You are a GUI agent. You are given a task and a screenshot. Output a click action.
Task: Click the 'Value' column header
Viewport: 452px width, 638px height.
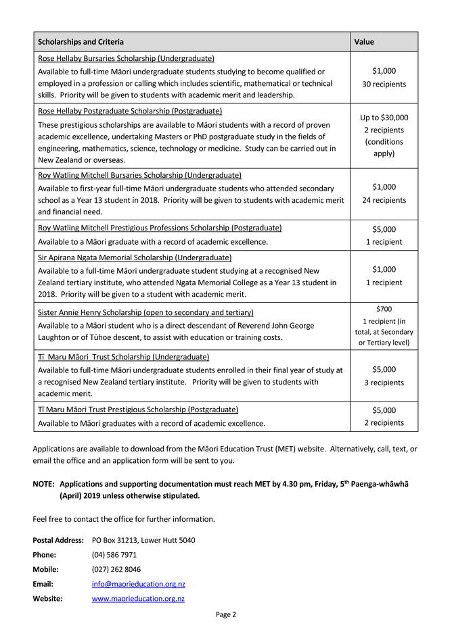[364, 42]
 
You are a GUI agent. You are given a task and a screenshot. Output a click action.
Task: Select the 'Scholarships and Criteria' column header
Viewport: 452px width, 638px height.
[81, 42]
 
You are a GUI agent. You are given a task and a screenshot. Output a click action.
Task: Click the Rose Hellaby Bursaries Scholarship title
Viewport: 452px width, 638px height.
[126, 58]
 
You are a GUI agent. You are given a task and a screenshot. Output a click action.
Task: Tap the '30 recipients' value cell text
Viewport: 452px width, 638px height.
[384, 84]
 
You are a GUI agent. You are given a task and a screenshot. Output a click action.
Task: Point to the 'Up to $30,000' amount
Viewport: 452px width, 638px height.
[384, 118]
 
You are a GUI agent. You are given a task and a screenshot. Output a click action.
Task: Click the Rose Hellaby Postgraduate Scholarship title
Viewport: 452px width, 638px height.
[130, 111]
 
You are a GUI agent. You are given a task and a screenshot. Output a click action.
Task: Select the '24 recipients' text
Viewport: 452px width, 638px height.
[384, 200]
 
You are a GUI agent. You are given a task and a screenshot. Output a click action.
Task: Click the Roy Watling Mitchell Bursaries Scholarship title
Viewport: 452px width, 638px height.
[139, 175]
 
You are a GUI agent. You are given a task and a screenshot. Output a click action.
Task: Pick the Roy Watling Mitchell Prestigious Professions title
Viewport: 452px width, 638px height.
[160, 228]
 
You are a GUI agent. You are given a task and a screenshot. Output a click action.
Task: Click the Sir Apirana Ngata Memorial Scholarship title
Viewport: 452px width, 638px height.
[135, 257]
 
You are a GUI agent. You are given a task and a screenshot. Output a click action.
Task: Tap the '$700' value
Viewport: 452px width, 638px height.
[384, 310]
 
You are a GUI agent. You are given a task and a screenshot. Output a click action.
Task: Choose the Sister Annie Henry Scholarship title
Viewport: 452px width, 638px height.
[145, 312]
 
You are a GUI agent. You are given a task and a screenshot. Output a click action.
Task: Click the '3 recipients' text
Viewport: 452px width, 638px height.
[384, 383]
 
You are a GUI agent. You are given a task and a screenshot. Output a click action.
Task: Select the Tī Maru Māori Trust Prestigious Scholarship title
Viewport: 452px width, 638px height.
[138, 410]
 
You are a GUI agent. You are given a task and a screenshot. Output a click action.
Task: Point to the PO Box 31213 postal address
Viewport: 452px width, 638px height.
[143, 540]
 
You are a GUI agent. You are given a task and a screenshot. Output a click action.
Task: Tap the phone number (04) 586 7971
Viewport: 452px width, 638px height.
[114, 555]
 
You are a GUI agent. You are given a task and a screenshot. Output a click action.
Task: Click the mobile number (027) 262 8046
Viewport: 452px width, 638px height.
[116, 569]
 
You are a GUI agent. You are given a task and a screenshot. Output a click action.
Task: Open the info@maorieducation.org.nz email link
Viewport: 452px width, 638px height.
[138, 584]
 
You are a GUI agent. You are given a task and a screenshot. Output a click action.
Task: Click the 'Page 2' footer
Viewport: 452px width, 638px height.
[226, 614]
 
